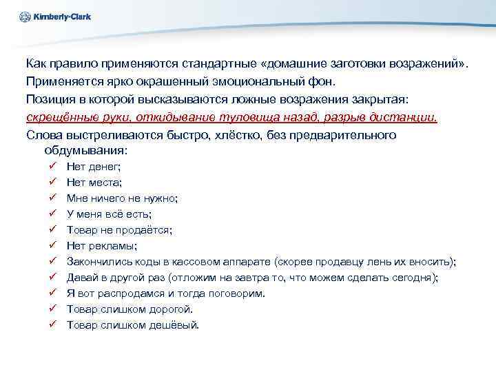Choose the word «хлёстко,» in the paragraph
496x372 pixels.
coord(208,135)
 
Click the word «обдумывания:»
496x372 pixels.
coord(86,150)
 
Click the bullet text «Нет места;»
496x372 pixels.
coord(94,183)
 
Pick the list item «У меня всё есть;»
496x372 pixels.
coord(109,214)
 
